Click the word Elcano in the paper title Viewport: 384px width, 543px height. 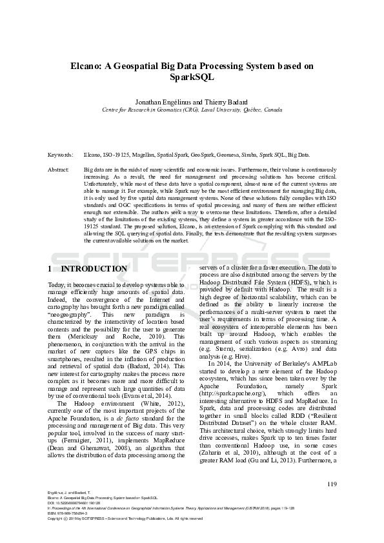[85, 66]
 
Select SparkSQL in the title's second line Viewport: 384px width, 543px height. [192, 77]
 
